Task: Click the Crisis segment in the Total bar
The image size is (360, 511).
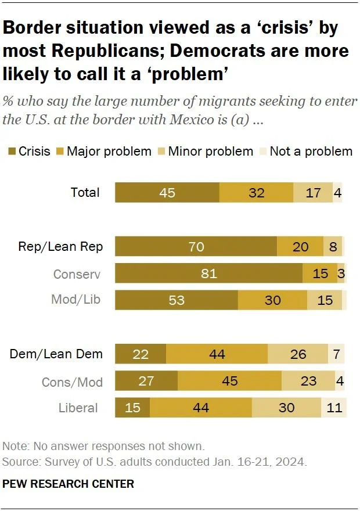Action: click(167, 192)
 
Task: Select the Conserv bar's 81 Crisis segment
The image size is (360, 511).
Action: click(209, 273)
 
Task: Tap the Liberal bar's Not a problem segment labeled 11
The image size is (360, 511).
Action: click(334, 408)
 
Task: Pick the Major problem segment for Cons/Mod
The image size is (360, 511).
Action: click(230, 382)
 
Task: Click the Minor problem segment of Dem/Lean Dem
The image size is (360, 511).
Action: click(298, 354)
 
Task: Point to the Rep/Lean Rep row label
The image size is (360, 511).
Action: click(60, 247)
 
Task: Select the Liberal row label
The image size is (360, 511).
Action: click(78, 408)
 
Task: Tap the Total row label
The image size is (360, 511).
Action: click(85, 192)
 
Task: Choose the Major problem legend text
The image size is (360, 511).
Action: click(109, 152)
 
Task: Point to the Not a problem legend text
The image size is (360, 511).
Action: click(311, 152)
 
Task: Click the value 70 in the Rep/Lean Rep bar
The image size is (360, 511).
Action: click(196, 247)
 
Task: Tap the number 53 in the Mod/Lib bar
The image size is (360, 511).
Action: click(177, 300)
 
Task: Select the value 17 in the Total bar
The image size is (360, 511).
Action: click(313, 192)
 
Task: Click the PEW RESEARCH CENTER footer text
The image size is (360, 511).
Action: click(69, 484)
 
